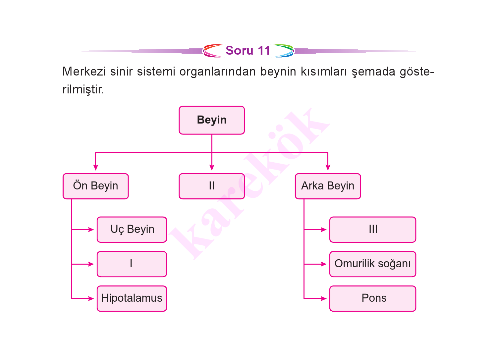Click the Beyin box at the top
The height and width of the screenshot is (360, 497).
click(x=212, y=120)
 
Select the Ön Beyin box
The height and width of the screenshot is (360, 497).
click(x=96, y=186)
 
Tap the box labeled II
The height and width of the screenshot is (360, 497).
click(x=212, y=186)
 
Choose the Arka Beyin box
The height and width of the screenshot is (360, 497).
click(x=328, y=186)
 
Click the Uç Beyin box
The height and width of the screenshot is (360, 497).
click(x=132, y=230)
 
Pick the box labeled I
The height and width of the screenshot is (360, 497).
click(x=132, y=264)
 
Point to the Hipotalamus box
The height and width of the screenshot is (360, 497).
click(x=132, y=298)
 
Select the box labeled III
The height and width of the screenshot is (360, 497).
click(x=373, y=230)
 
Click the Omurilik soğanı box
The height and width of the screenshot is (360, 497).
click(x=373, y=264)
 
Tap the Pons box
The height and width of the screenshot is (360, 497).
click(x=373, y=298)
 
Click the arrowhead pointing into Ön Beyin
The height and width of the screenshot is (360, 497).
click(x=96, y=168)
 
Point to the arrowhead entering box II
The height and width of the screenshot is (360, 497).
click(x=212, y=168)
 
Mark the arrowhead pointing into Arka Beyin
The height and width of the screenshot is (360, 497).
click(x=328, y=168)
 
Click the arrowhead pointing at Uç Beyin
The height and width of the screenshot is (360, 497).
click(x=91, y=230)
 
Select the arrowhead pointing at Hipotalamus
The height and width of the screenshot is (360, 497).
click(x=91, y=298)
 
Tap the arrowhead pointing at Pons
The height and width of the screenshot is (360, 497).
click(x=324, y=298)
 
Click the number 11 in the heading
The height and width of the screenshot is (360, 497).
click(x=264, y=51)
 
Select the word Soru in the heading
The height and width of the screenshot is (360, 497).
click(x=240, y=51)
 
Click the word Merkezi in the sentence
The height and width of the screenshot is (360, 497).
click(x=84, y=72)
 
